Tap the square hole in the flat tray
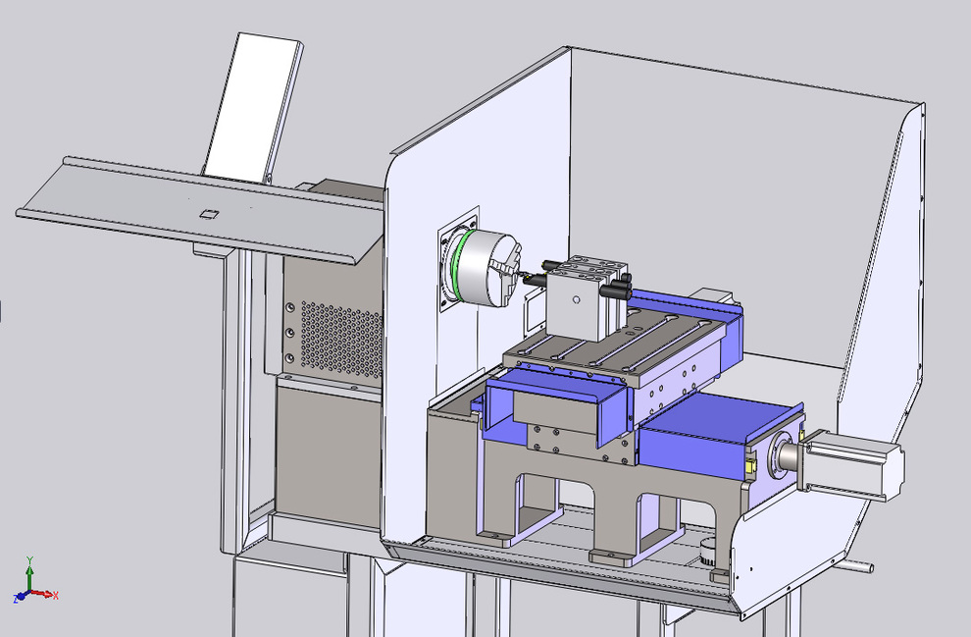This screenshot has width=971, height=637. pyautogui.click(x=208, y=214)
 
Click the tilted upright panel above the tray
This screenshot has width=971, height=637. pyautogui.click(x=252, y=108)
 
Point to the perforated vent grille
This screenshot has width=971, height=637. pyautogui.click(x=341, y=338)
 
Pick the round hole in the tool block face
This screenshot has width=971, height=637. pyautogui.click(x=577, y=300)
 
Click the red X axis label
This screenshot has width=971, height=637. pyautogui.click(x=56, y=596)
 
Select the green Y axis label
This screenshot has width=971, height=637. pyautogui.click(x=29, y=559)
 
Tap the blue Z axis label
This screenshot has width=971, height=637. pyautogui.click(x=16, y=599)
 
